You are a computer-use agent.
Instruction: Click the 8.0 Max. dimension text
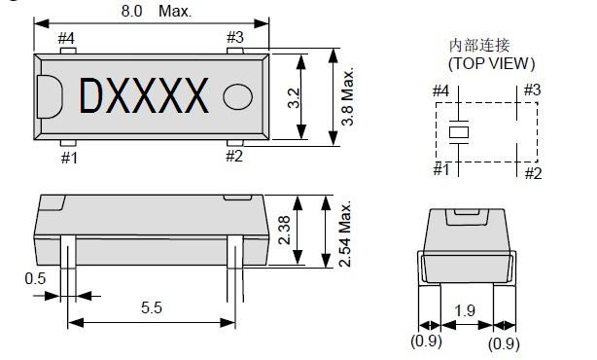tap(157, 11)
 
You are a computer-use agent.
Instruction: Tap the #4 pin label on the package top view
tap(66, 38)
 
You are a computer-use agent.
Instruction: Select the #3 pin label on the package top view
tap(235, 37)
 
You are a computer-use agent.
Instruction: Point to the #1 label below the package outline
tap(69, 157)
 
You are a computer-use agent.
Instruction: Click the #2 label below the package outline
tap(234, 156)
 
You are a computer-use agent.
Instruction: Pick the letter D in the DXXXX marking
tap(91, 95)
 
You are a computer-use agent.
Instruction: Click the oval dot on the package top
tap(237, 96)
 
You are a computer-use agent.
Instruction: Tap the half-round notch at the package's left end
tap(50, 96)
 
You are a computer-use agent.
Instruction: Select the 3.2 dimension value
tap(294, 98)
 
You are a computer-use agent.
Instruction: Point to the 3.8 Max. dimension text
tap(347, 96)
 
